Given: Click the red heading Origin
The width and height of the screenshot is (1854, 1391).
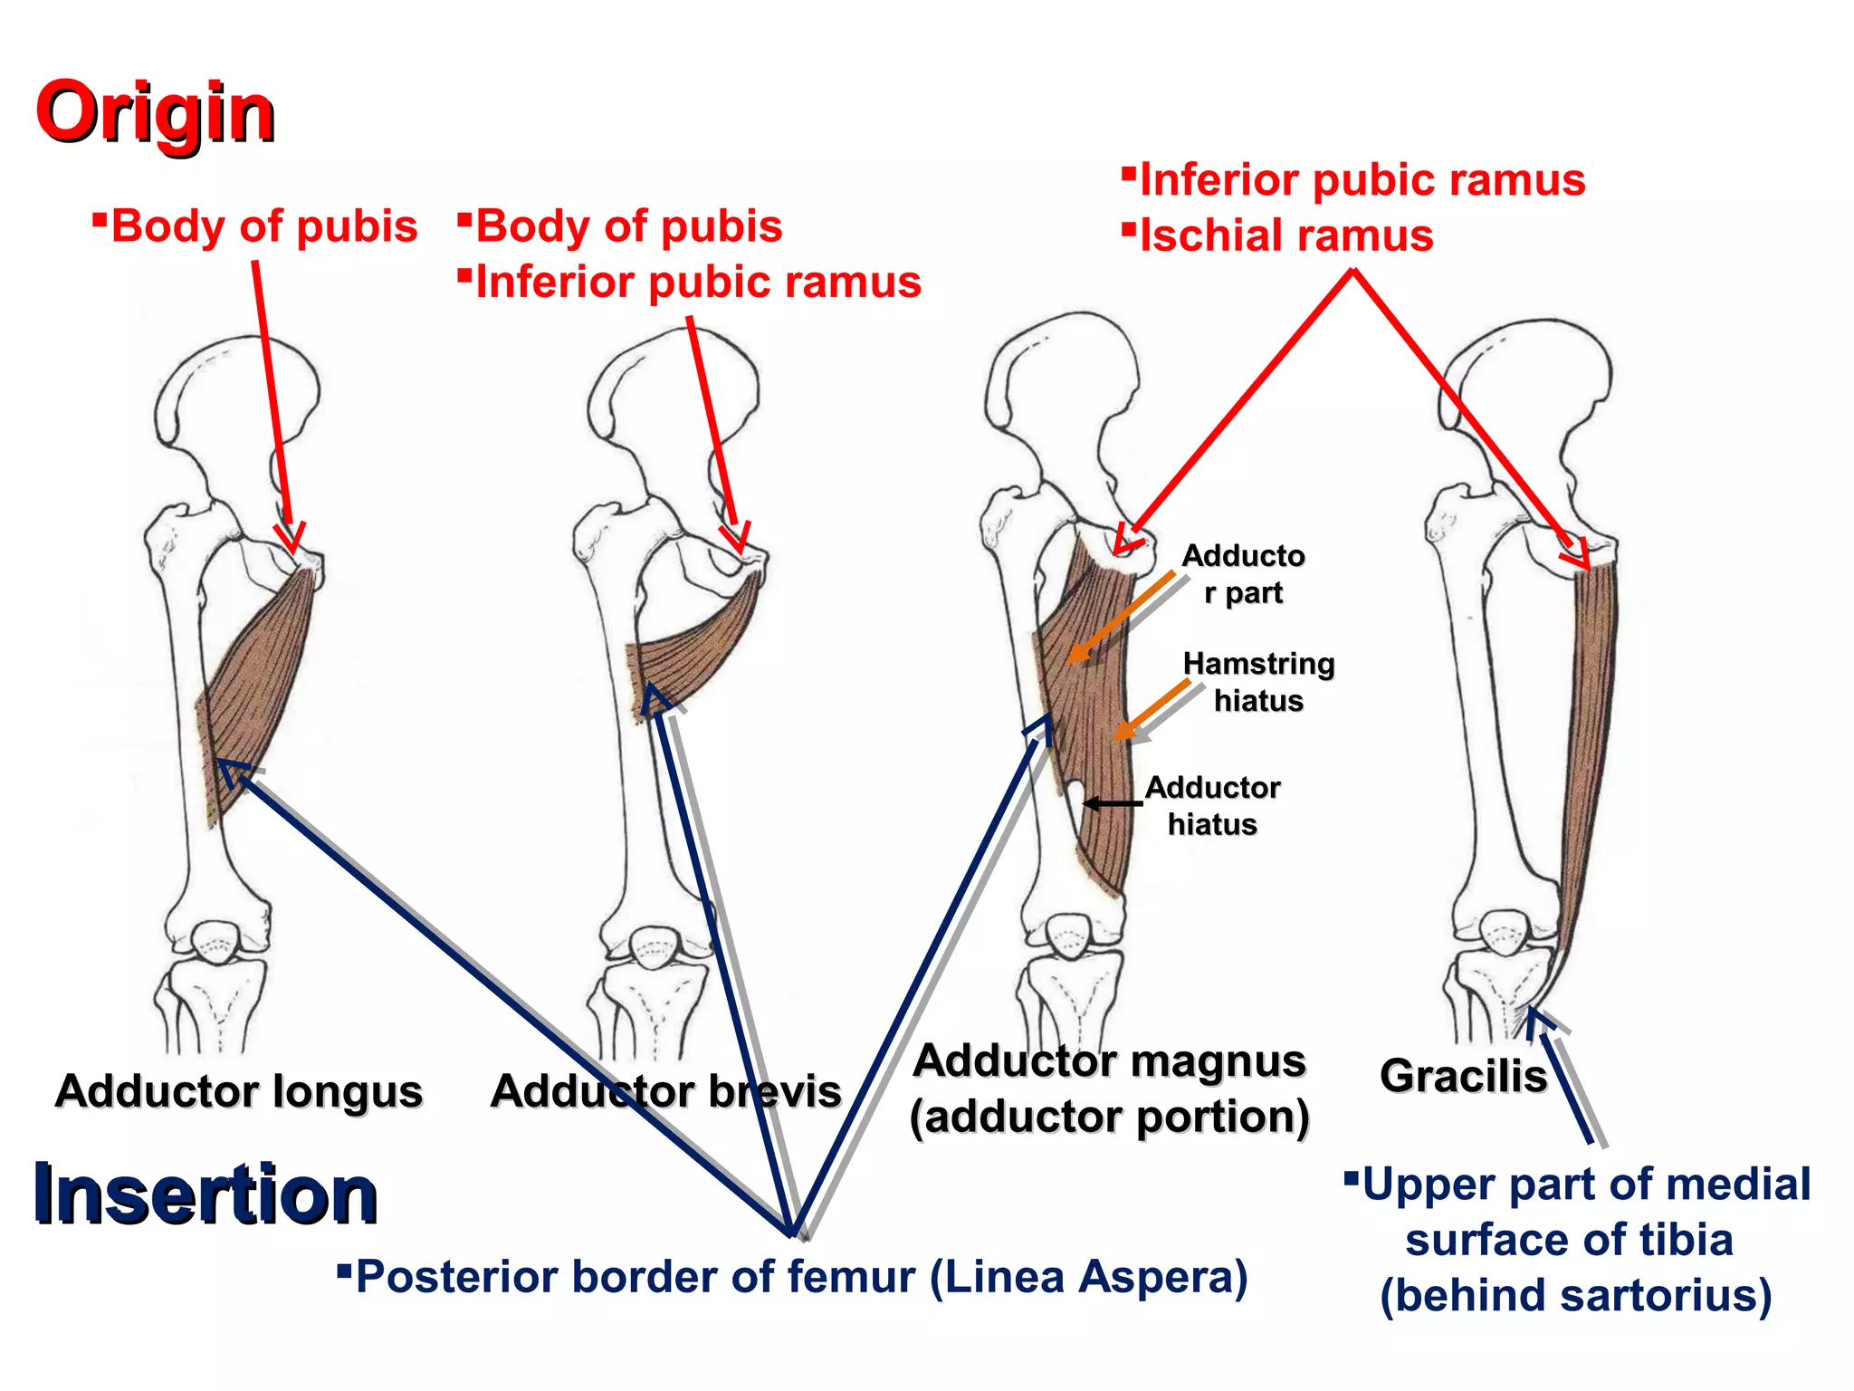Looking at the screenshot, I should tap(155, 113).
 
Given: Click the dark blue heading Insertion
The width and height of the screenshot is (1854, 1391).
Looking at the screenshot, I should tap(205, 1195).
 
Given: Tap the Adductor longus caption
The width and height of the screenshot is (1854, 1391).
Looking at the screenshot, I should tap(239, 1091).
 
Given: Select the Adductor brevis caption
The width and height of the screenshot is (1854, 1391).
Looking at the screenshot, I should tap(665, 1091).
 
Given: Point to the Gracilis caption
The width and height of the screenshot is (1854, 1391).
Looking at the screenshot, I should tap(1463, 1076).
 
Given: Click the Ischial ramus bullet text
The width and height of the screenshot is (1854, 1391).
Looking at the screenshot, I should tap(1285, 235).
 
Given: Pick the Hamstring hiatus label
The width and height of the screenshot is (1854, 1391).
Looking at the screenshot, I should tap(1258, 682).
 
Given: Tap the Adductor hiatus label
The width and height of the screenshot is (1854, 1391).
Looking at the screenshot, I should tap(1212, 806).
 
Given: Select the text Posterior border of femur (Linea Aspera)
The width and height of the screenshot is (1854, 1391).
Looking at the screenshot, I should tap(801, 1277).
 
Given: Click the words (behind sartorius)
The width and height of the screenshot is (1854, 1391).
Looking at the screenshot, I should tap(1575, 1295).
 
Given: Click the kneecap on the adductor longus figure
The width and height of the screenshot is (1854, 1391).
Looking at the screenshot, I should tap(215, 942).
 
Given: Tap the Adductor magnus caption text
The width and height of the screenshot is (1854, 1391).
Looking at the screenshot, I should tap(1109, 1061).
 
